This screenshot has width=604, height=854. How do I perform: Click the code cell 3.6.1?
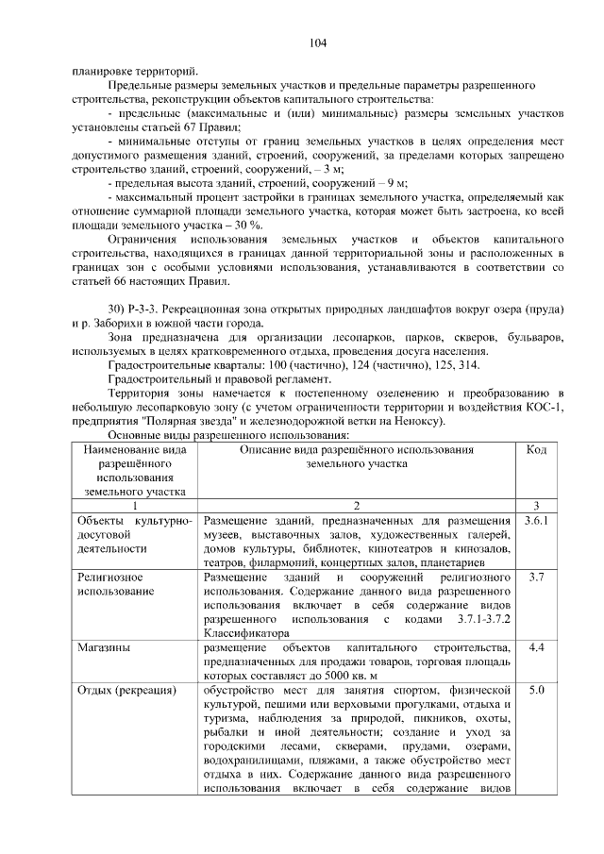(535, 521)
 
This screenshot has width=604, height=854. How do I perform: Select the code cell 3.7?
(535, 576)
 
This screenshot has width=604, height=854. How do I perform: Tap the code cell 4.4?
(535, 648)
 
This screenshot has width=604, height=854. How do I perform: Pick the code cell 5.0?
(535, 691)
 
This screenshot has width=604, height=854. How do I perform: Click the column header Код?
(535, 450)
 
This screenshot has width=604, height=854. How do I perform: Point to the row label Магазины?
(104, 648)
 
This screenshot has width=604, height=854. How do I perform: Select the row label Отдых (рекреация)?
(126, 691)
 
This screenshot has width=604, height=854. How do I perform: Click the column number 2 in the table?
(356, 506)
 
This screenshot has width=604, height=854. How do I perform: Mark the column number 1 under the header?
(134, 506)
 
